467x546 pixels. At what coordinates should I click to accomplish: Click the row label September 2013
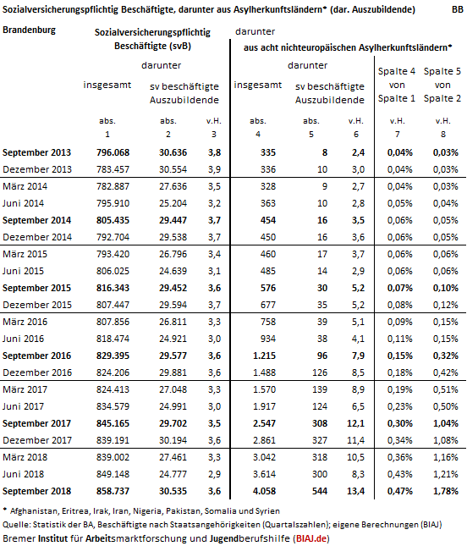tap(36, 152)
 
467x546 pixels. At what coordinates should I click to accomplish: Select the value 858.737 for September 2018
tap(113, 491)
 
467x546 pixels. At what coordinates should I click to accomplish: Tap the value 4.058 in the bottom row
tap(264, 491)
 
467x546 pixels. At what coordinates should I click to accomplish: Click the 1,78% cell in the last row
tap(445, 491)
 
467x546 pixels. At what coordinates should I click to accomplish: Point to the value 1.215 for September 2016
tap(264, 356)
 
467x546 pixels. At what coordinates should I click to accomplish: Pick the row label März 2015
tap(25, 254)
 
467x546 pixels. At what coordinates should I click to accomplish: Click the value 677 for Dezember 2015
tap(268, 305)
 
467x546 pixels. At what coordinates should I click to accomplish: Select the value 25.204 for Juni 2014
tap(173, 203)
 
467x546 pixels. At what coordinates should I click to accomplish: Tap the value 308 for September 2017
tap(320, 423)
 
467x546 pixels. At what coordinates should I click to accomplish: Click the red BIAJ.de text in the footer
tap(311, 538)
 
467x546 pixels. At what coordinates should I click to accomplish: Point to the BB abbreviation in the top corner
tap(458, 9)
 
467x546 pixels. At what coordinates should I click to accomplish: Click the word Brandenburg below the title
tap(29, 30)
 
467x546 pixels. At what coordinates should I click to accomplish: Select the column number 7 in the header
tap(397, 135)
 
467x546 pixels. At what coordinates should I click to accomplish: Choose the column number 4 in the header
tap(258, 135)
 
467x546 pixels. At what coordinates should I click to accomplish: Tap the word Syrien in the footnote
tap(268, 510)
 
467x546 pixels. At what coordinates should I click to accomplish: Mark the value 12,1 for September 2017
tap(355, 423)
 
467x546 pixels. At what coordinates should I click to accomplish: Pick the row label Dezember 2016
tap(37, 372)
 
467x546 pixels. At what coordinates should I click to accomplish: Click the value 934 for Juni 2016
tap(268, 339)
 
